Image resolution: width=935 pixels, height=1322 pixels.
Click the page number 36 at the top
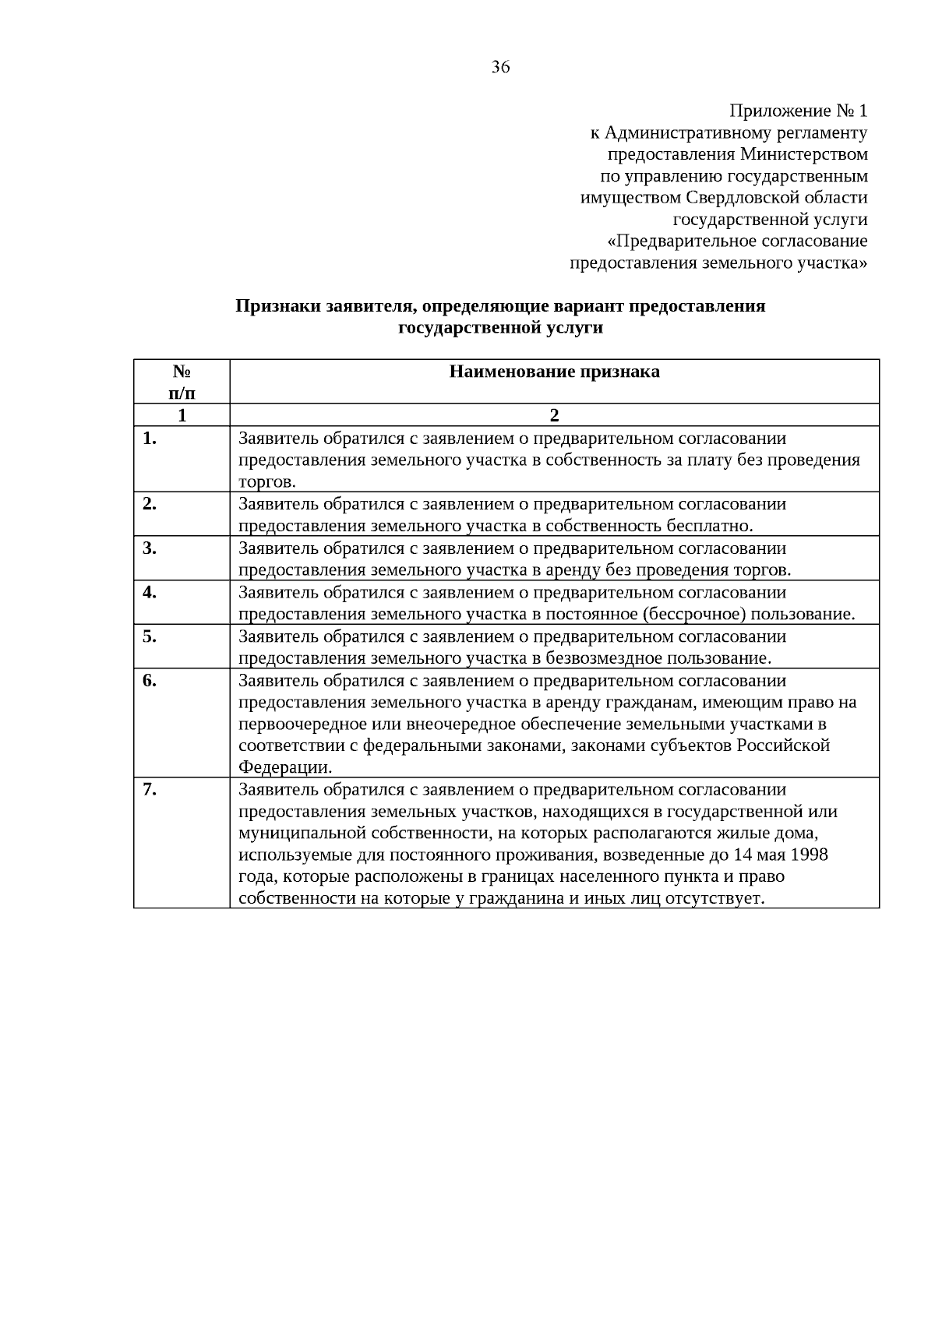(500, 68)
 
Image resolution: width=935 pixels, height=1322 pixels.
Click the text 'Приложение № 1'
(799, 111)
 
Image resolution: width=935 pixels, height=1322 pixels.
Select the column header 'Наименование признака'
(554, 372)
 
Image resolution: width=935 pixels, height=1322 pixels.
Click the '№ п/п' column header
(182, 382)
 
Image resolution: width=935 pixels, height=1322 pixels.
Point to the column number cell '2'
(554, 415)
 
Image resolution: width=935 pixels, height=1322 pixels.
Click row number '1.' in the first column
(150, 439)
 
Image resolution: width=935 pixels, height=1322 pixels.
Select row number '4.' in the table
(150, 592)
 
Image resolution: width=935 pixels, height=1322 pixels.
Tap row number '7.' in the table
(150, 790)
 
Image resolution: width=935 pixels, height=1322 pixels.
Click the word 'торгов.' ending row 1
(266, 481)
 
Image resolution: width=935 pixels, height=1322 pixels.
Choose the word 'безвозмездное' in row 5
(600, 658)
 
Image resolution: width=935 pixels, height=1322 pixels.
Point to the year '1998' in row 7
(809, 855)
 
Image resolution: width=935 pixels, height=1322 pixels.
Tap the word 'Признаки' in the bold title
(270, 306)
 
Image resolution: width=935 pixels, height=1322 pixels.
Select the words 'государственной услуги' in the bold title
(500, 328)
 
